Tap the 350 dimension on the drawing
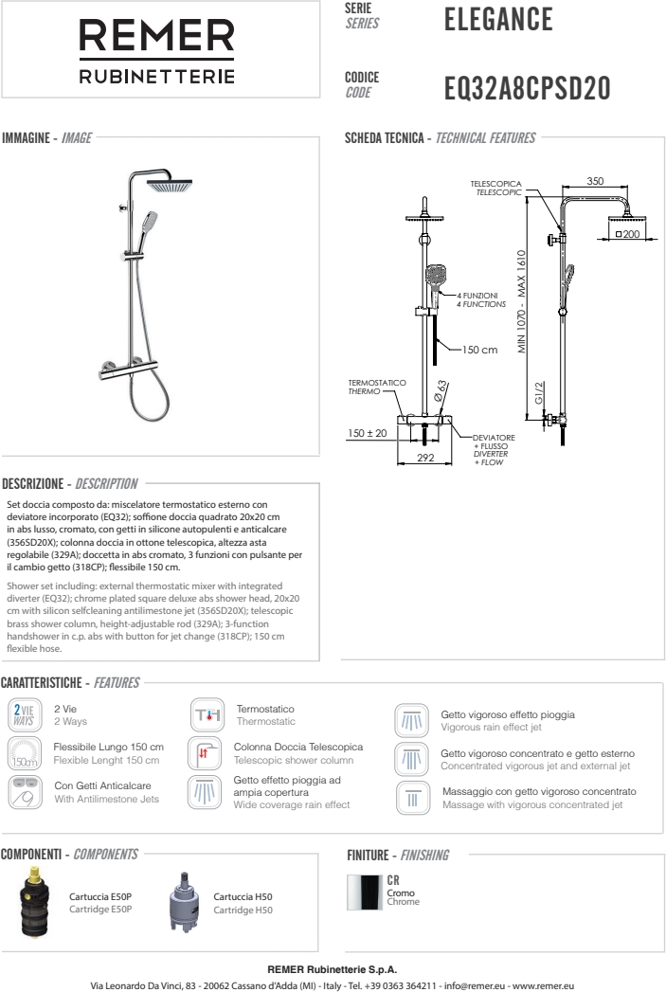pos(594,180)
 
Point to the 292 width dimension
pos(425,457)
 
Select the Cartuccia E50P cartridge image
pos(35,902)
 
